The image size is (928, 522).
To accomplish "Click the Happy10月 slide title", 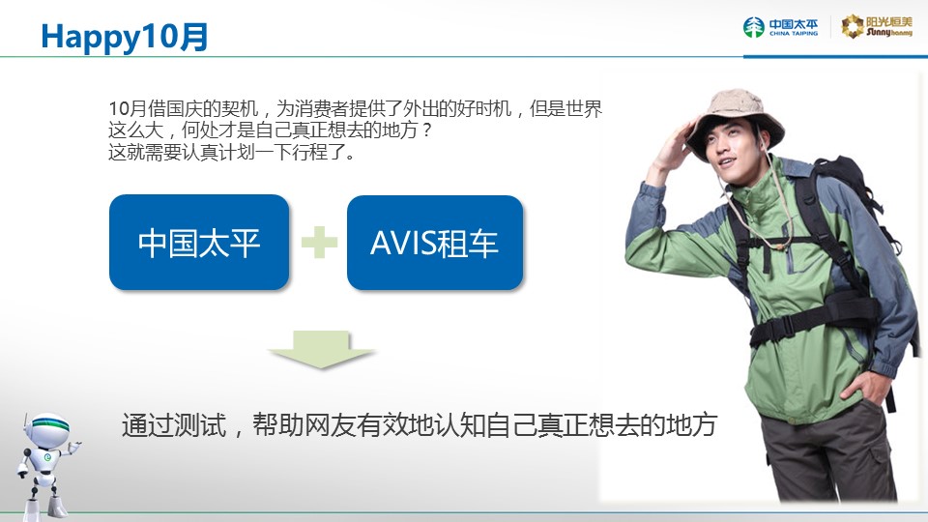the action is pos(125,37).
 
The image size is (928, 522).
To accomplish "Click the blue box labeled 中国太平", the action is pos(199,242).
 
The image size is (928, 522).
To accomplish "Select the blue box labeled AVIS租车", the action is pos(435,243).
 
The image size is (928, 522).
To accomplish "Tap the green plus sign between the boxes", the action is pos(320,242).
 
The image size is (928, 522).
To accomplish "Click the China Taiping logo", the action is pos(781,27).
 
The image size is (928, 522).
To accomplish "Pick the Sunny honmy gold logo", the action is pos(877,27).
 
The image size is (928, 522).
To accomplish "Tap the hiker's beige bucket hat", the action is pos(735,118).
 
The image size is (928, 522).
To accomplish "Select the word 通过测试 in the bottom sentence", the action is pos(174,425).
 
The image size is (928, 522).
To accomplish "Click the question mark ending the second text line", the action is pos(427,130).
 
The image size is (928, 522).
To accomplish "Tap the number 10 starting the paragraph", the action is pos(118,109).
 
